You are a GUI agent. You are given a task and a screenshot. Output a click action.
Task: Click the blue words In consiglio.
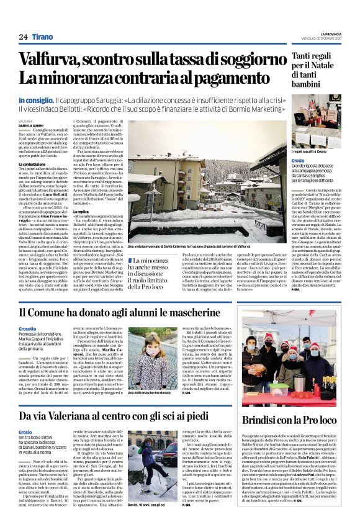35,100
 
